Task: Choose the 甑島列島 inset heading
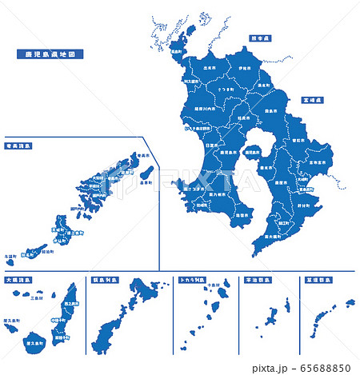tap(106, 281)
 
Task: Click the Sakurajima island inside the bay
tap(251, 153)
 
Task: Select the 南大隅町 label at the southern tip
tap(265, 236)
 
